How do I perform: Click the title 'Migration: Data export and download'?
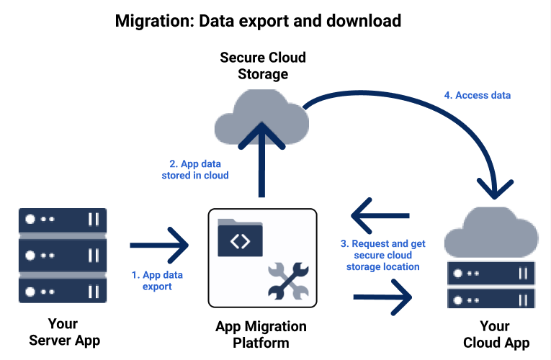tap(258, 21)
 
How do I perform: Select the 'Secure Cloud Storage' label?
tap(263, 66)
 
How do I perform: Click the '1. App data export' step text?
tap(157, 281)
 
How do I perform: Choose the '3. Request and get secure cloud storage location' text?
tap(382, 255)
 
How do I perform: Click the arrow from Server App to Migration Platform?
tap(158, 246)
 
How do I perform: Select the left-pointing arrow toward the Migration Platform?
tap(380, 215)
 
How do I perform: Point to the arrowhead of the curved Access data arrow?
tap(495, 189)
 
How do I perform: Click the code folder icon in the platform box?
tap(239, 238)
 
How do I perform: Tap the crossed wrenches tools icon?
tap(287, 281)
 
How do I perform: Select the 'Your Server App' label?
tap(63, 332)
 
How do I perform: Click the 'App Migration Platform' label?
tap(261, 334)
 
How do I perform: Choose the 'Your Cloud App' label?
tap(496, 334)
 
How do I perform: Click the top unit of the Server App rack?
tap(63, 220)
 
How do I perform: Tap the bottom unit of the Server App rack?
tap(63, 291)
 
